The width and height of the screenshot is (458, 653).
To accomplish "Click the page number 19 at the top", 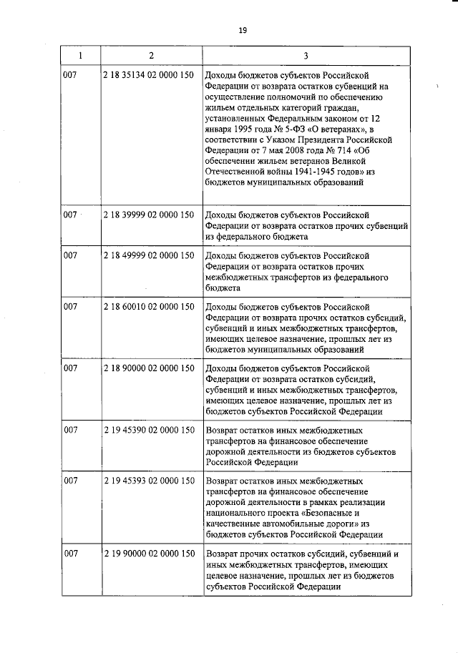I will [243, 30].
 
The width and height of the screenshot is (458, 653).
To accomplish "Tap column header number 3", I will [306, 55].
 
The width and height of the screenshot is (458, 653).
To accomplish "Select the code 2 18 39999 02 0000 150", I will [149, 215].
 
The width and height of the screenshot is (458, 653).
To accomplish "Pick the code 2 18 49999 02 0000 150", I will [149, 255].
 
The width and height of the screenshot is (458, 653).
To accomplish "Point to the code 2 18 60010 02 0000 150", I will [149, 307].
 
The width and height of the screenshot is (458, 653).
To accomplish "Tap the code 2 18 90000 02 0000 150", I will [149, 368].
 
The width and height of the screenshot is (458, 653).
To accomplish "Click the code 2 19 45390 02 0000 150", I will [149, 431].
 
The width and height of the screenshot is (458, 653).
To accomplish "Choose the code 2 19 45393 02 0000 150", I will [149, 482].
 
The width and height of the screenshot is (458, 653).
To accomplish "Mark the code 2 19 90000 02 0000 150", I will [149, 554].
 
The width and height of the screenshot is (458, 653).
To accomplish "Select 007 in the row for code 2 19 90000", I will [70, 554].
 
